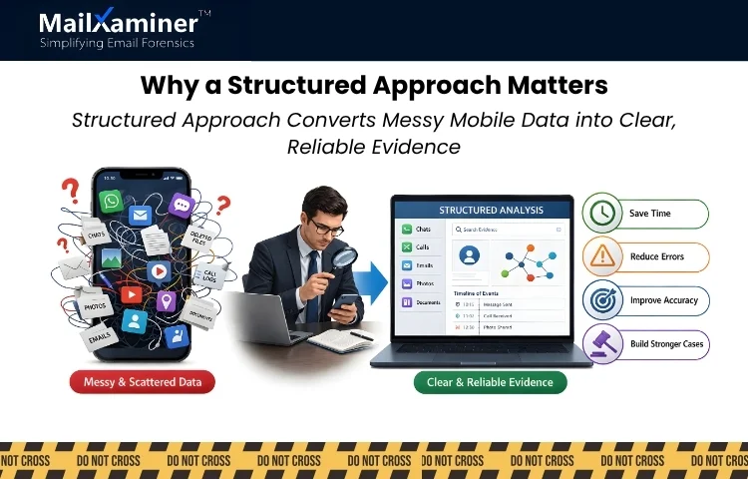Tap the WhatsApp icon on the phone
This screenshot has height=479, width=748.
pyautogui.click(x=110, y=201)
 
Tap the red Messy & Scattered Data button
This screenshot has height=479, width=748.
pyautogui.click(x=142, y=381)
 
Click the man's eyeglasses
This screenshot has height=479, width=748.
pyautogui.click(x=324, y=226)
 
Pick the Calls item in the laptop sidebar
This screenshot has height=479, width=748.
pyautogui.click(x=419, y=246)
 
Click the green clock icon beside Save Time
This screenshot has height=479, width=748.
pyautogui.click(x=601, y=214)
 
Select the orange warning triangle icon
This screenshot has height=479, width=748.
pyautogui.click(x=601, y=256)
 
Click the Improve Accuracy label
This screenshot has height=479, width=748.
pyautogui.click(x=663, y=300)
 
